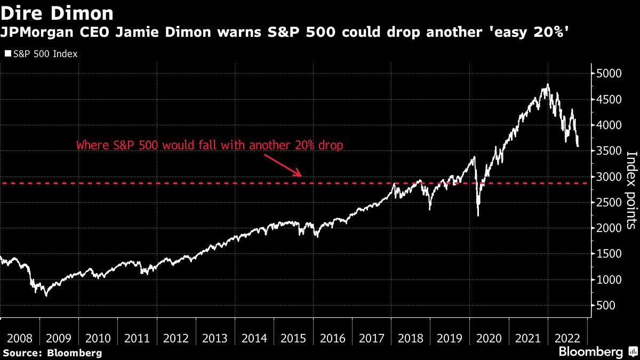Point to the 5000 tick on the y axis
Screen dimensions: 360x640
click(x=609, y=74)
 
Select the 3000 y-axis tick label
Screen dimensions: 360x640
click(x=609, y=177)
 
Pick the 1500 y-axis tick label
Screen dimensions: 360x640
click(x=609, y=254)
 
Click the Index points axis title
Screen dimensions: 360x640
click(x=631, y=190)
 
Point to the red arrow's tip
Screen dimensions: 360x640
click(x=301, y=175)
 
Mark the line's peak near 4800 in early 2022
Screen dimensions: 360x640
click(x=548, y=84)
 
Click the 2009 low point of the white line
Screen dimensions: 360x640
click(x=46, y=295)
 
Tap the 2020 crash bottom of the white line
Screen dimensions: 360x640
click(x=478, y=215)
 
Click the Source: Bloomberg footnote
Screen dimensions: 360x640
click(x=52, y=353)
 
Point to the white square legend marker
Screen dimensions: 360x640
click(x=7, y=54)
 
